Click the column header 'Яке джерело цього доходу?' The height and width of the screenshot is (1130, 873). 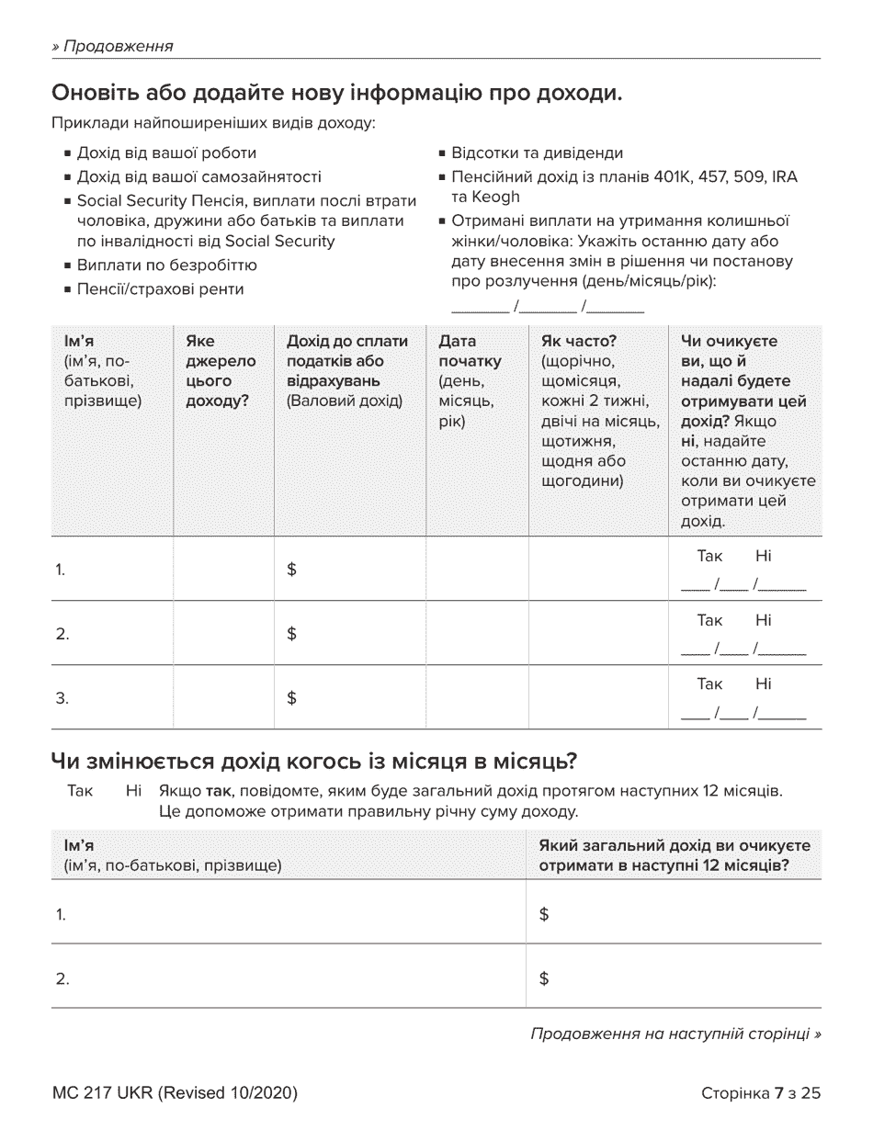coord(221,371)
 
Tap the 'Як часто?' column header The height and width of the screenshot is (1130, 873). coord(579,342)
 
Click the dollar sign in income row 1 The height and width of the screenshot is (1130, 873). coord(291,570)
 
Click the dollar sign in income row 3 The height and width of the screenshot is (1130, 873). coord(291,698)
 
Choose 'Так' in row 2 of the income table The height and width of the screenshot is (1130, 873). coord(709,620)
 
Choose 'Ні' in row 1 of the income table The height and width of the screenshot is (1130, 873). coord(763,556)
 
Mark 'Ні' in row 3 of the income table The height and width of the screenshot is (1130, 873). coord(763,684)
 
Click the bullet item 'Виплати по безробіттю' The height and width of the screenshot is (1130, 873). coord(166,266)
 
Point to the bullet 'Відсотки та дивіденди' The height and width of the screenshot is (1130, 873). coord(537,153)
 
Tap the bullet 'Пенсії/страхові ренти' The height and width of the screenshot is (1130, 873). coord(160,289)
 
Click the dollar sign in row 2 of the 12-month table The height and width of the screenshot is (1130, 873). coord(544,979)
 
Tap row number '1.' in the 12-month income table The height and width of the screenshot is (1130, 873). coord(62,915)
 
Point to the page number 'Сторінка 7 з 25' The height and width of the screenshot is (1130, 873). coord(760,1093)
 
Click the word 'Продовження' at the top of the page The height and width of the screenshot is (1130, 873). coord(118,46)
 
